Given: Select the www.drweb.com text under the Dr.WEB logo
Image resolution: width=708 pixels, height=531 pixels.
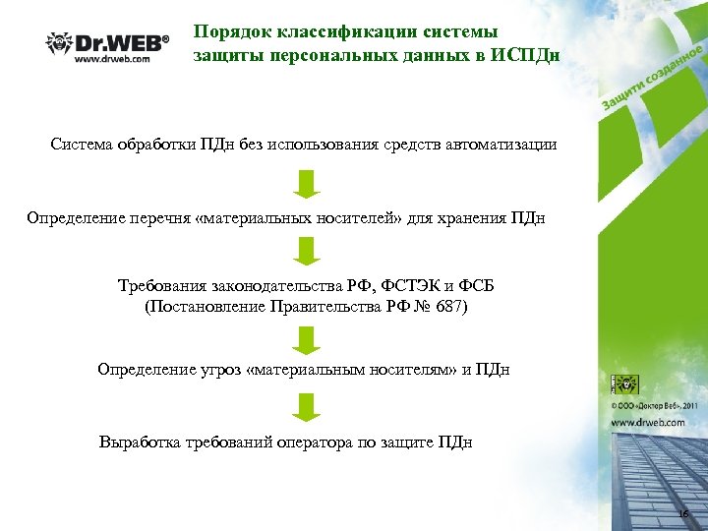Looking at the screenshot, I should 112,59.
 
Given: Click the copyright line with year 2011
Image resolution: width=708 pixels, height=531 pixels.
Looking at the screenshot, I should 654,404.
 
